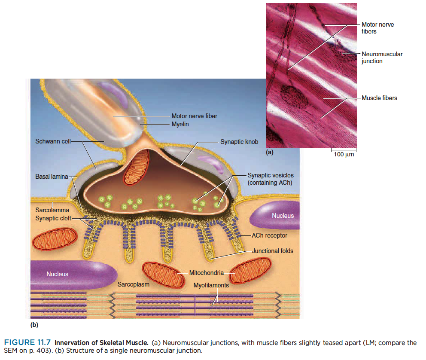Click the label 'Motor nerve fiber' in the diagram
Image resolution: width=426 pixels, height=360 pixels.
[x=194, y=116]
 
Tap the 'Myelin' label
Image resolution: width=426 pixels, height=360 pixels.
[x=180, y=124]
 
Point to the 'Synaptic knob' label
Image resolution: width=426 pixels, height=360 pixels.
[x=239, y=141]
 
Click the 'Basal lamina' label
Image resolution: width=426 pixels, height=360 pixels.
[x=51, y=177]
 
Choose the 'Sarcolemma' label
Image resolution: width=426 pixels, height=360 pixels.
[x=52, y=210]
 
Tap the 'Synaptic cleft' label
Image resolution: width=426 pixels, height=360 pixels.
[x=53, y=218]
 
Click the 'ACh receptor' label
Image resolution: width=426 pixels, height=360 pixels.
[x=269, y=235]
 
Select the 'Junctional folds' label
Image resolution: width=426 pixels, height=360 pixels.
[x=273, y=250]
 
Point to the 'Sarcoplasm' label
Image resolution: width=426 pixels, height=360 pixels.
[x=133, y=284]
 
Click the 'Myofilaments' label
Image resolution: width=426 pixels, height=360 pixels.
[x=211, y=285]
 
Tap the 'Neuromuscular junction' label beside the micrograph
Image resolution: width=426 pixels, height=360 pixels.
[x=382, y=58]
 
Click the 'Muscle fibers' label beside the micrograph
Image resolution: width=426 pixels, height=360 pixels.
[x=379, y=98]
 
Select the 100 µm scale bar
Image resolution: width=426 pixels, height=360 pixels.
[x=344, y=151]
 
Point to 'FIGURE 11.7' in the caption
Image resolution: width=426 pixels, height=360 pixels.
[x=28, y=342]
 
